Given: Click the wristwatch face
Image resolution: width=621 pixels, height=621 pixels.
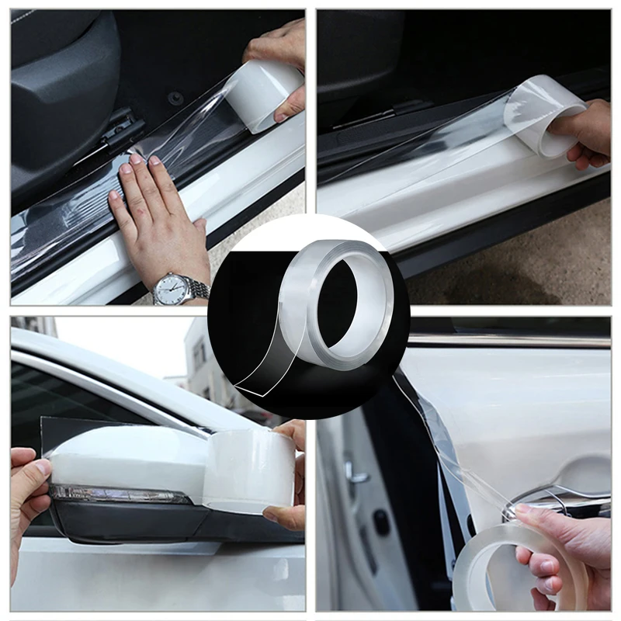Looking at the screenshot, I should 172,290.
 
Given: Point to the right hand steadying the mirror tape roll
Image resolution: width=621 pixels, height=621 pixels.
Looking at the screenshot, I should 291,474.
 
